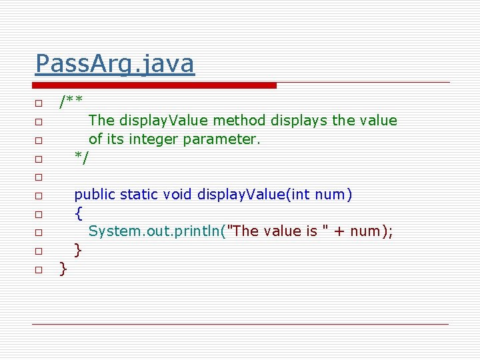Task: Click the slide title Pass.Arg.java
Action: click(x=115, y=64)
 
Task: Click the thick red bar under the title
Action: click(x=155, y=85)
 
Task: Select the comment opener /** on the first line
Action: click(x=71, y=102)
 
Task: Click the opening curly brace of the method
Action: click(x=79, y=213)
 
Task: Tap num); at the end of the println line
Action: click(x=367, y=231)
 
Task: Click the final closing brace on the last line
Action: click(x=63, y=269)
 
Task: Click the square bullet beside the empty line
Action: click(x=39, y=177)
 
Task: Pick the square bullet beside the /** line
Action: click(x=39, y=103)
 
